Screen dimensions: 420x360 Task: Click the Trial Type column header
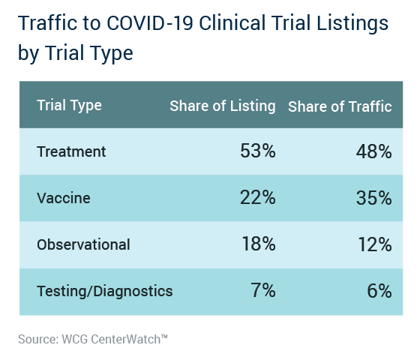(x=69, y=105)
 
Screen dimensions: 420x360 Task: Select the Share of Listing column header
(x=223, y=106)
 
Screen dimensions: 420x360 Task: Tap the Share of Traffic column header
(x=340, y=106)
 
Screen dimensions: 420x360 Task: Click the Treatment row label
(x=71, y=151)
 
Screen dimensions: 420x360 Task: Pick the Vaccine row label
(x=64, y=198)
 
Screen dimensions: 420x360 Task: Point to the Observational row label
(x=83, y=244)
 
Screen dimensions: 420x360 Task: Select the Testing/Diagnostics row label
(x=105, y=291)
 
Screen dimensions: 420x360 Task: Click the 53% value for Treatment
(x=258, y=151)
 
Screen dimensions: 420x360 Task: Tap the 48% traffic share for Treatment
(x=374, y=151)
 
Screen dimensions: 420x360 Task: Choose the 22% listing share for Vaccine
(x=258, y=197)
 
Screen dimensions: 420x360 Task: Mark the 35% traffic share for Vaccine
(x=374, y=198)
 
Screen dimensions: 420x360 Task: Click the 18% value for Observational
(x=259, y=244)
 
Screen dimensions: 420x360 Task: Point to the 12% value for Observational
(x=375, y=244)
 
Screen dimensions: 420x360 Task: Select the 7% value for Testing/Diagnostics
(x=263, y=290)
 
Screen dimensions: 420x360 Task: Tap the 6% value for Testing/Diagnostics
(x=379, y=291)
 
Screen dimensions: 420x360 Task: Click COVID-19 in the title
(x=150, y=23)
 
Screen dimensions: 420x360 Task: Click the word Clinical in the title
(x=232, y=23)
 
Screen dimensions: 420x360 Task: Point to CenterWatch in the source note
(x=129, y=339)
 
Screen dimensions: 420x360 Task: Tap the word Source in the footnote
(x=38, y=339)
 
